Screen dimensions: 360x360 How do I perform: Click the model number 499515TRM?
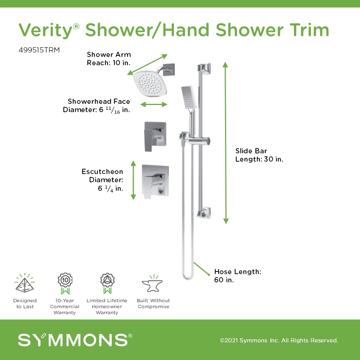click(39, 50)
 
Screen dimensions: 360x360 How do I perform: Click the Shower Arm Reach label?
click(109, 58)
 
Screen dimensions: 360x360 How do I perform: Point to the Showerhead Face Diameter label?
click(96, 106)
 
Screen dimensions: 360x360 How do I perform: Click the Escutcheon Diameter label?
click(102, 180)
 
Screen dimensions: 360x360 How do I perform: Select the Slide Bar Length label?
click(259, 155)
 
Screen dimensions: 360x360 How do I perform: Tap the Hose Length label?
click(238, 276)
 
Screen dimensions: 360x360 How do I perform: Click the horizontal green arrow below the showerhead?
click(154, 105)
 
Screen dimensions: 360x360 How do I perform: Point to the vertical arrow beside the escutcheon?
click(133, 180)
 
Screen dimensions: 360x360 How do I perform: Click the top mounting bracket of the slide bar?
click(204, 68)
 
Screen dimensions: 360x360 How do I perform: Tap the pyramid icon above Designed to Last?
click(25, 283)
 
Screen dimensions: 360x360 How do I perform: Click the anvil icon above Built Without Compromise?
click(153, 284)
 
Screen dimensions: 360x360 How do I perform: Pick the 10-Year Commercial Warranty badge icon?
click(65, 283)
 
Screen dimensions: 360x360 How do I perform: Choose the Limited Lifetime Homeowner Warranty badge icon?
click(107, 283)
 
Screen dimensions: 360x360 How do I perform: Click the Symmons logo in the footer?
click(75, 340)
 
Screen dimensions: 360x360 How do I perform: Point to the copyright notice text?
click(279, 340)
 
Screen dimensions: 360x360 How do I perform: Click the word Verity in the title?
click(46, 30)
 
